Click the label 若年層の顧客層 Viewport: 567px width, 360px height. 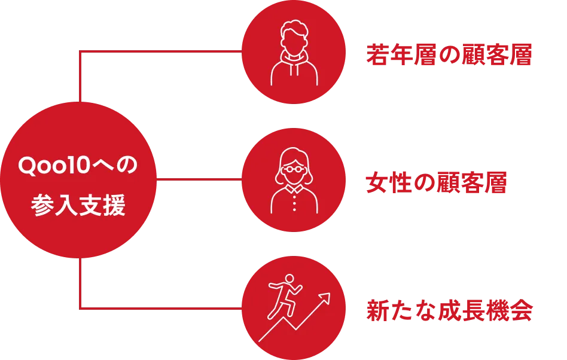tap(449, 55)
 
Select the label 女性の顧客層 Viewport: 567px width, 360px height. tap(436, 182)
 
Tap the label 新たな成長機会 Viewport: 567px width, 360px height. tap(450, 310)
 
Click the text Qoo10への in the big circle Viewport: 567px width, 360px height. tap(78, 166)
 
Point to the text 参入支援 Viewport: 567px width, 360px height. tap(78, 205)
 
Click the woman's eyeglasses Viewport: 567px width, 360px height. tap(294, 169)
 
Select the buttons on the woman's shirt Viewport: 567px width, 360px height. tap(294, 203)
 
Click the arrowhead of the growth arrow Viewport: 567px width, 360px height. tap(325, 298)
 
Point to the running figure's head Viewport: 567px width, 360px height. tap(289, 279)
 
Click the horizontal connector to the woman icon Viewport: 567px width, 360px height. tap(199, 179)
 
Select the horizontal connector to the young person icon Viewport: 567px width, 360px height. tap(160, 51)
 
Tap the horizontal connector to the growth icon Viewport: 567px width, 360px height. tap(160, 309)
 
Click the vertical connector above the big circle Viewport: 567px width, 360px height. tap(80, 77)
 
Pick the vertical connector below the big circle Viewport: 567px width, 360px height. tap(80, 283)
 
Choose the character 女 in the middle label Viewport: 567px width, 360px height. tap(377, 182)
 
